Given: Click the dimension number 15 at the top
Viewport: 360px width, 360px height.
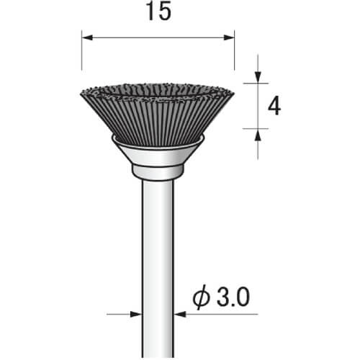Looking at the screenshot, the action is click(x=158, y=12).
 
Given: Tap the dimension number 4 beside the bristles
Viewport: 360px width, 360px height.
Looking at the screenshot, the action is click(x=274, y=107).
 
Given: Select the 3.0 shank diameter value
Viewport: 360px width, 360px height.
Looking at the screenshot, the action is click(x=233, y=297).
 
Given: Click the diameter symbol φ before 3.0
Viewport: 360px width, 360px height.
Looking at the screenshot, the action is click(x=201, y=297).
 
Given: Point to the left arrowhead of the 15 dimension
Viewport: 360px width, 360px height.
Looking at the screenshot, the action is click(x=87, y=37).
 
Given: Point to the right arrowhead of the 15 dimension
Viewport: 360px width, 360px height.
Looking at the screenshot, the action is click(x=229, y=37).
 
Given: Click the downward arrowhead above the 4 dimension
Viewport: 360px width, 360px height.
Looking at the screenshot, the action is click(x=258, y=77).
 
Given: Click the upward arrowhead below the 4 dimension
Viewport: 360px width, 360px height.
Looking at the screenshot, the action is click(x=258, y=135).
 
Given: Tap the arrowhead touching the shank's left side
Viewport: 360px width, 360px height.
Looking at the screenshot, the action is click(x=136, y=314).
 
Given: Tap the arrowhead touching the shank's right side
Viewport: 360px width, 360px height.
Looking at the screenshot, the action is click(x=180, y=314).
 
